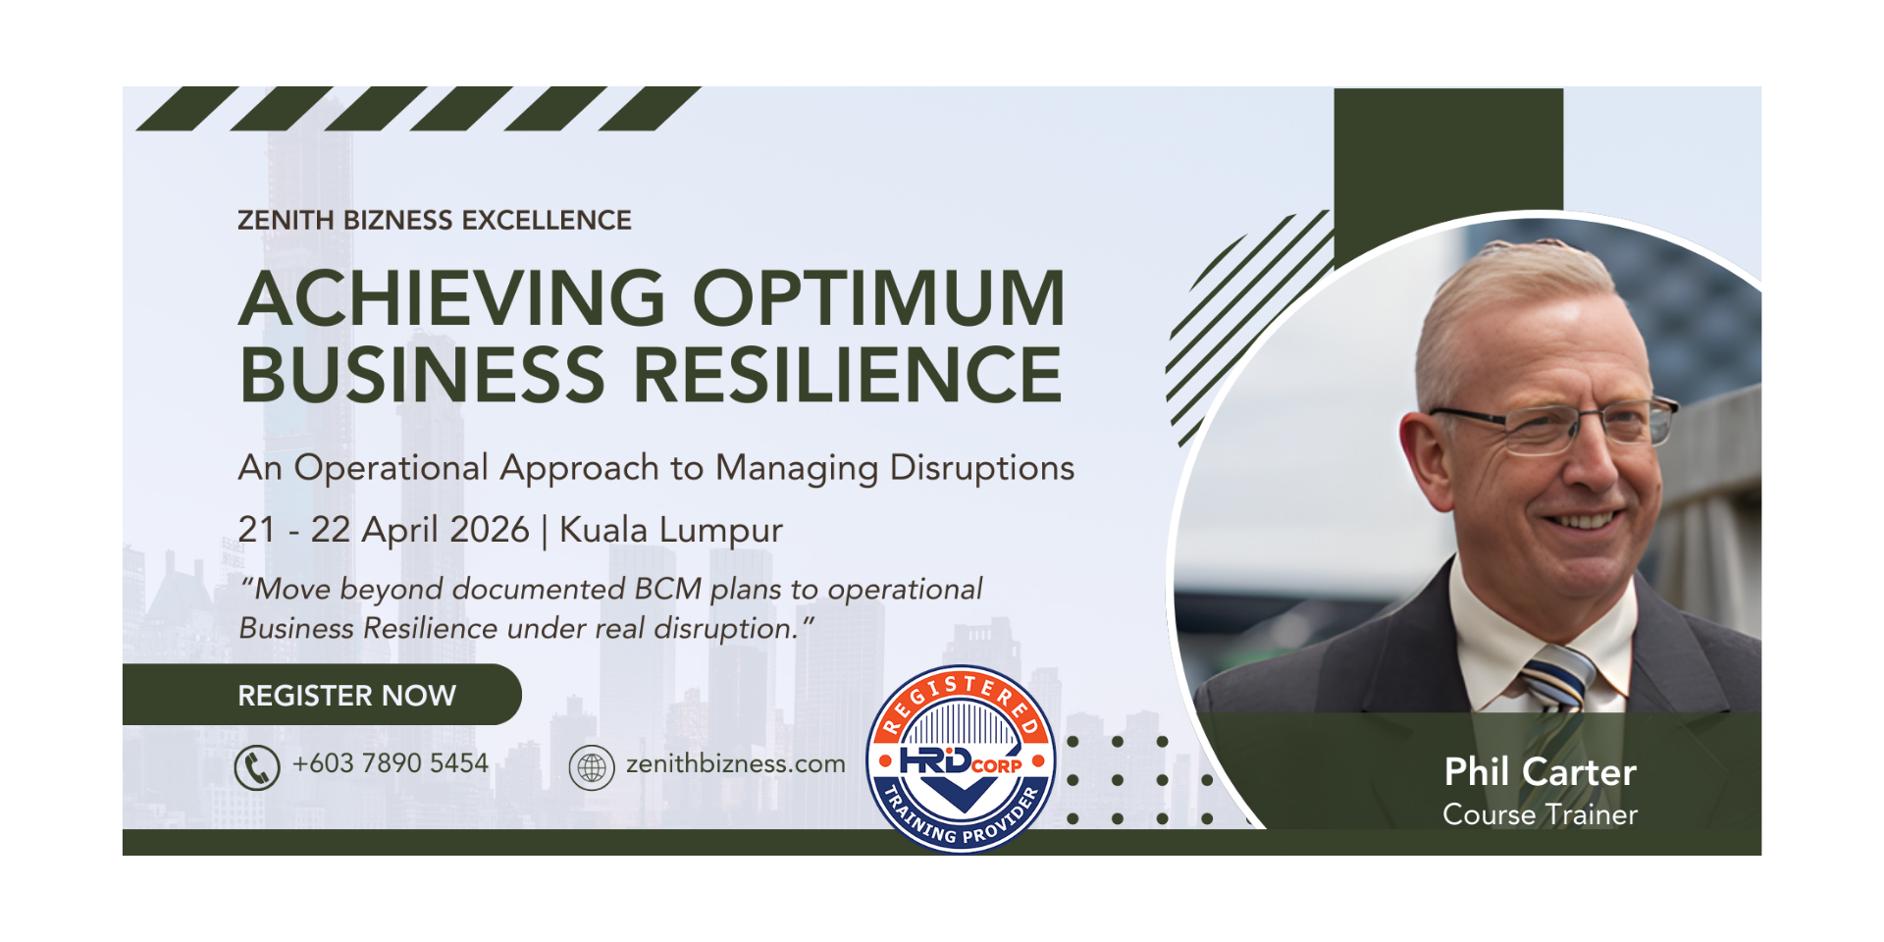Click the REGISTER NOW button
click(322, 695)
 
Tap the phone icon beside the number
click(257, 767)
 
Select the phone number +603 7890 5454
click(391, 763)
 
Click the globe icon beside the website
click(592, 767)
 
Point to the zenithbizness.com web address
click(736, 763)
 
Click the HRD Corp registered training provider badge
click(961, 759)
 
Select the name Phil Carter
click(1540, 772)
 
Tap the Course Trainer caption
click(1540, 814)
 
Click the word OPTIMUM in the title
click(879, 298)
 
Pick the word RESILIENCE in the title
click(848, 375)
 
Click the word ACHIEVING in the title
click(452, 298)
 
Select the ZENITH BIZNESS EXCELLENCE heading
click(435, 220)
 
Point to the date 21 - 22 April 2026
click(384, 530)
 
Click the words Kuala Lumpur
click(671, 531)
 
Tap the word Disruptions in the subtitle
click(982, 468)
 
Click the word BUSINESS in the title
click(423, 375)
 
